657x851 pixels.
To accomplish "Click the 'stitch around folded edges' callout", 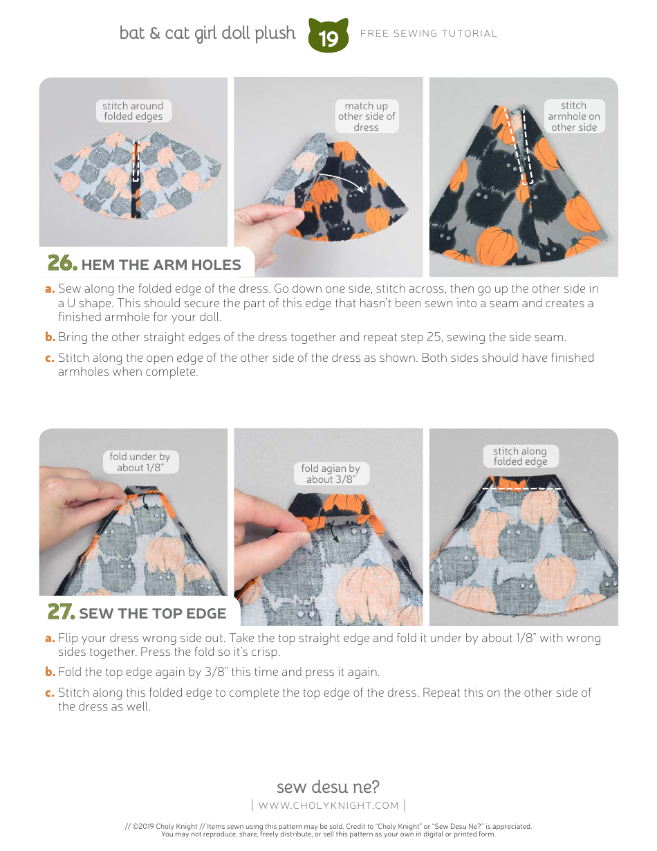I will point(133,111).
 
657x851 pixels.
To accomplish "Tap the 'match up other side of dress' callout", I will point(367,116).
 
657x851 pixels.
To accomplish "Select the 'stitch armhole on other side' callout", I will point(573,116).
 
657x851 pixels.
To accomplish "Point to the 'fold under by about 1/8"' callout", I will point(140,462).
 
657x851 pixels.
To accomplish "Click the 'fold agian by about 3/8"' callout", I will point(331,474).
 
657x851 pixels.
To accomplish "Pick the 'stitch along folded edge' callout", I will point(520,457).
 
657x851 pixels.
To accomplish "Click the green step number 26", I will point(61,264).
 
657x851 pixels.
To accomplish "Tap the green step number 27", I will point(60,612).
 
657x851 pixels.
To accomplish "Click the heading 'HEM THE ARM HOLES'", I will point(161,265).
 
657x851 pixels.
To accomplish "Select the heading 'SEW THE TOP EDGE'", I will point(153,614).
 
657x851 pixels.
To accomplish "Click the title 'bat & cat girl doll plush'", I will point(207,33).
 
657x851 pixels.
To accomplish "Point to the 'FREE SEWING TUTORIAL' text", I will point(429,33).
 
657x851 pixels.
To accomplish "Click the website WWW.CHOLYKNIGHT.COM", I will point(328,805).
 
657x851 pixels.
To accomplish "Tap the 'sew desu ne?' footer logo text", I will point(328,787).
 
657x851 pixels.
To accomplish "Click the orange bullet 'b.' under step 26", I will point(50,338).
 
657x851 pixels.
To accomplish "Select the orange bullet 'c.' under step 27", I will point(50,693).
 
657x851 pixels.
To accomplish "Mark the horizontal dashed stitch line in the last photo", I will point(522,488).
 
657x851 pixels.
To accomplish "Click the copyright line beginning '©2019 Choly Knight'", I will point(328,826).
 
